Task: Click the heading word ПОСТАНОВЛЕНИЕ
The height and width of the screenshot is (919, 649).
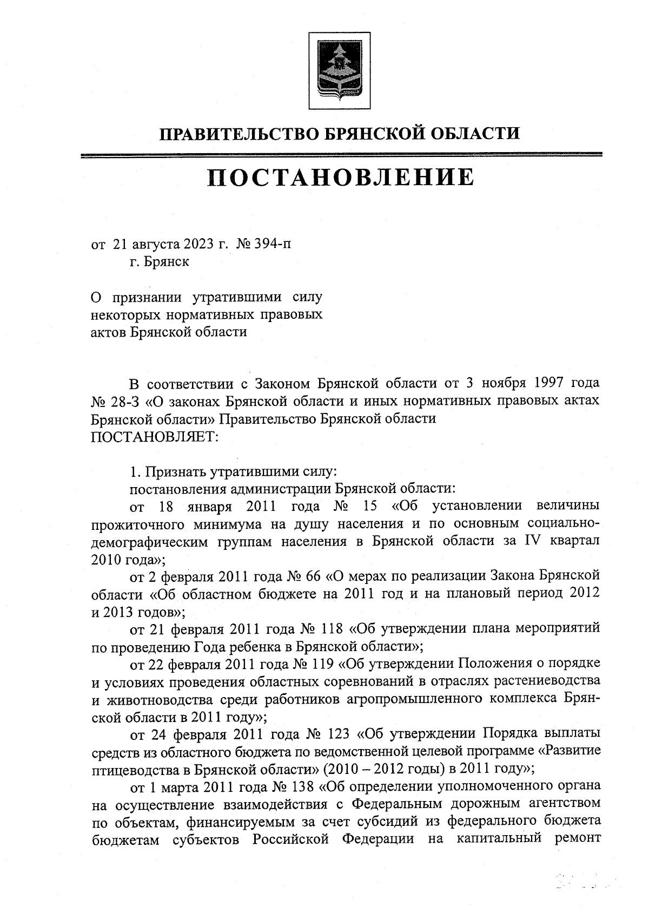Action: pyautogui.click(x=340, y=178)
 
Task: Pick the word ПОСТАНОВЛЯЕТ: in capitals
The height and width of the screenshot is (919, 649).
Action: pyautogui.click(x=154, y=437)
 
